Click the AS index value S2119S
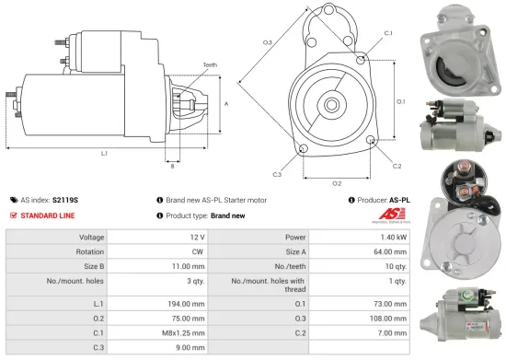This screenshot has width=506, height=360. pos(65,199)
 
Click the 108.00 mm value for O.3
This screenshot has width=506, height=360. pos(387,318)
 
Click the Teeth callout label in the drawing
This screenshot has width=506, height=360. pos(210,65)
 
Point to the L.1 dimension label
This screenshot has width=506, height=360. pos(104,153)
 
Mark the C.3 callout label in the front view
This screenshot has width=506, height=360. pos(276,174)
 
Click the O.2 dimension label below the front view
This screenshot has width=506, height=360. pos(337,182)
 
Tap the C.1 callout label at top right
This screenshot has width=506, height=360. pos(387,33)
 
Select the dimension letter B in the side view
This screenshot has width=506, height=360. pos(172,166)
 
